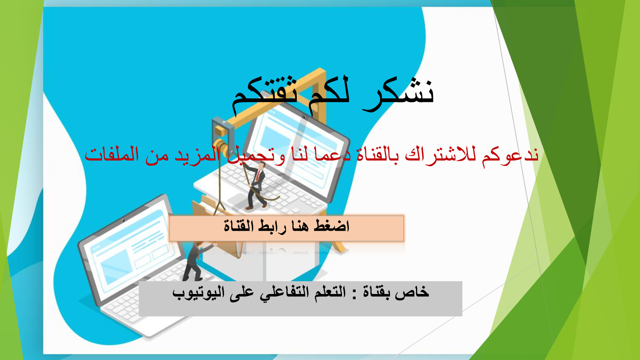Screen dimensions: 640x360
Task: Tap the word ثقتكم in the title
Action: (x=264, y=94)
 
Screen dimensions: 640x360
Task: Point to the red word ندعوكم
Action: (x=510, y=156)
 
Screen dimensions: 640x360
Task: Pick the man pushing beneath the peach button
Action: (x=197, y=260)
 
